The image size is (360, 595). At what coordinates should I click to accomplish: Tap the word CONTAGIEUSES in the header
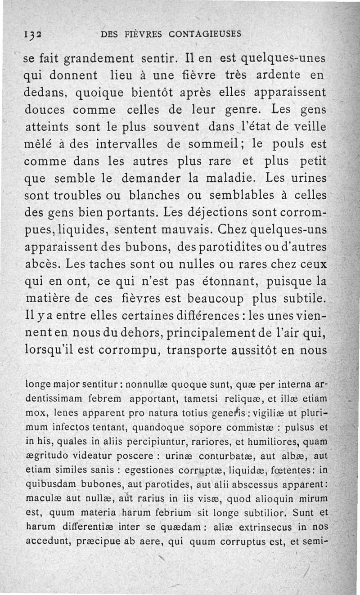click(205, 33)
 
